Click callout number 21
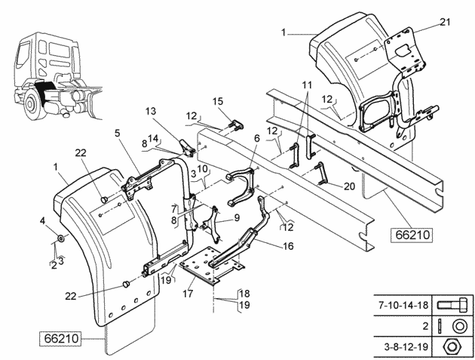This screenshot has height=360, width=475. coord(445,22)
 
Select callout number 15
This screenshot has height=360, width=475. coord(218,101)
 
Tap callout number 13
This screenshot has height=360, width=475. coord(151,111)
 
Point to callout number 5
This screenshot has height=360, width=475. coord(117,133)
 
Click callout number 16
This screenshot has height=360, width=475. coord(288,246)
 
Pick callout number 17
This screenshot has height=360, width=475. coord(188,294)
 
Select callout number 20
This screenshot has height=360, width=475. coord(349,186)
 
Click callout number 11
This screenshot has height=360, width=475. coord(307,85)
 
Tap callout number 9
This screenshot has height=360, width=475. coord(237,218)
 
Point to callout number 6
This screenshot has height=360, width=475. coord(257,139)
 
